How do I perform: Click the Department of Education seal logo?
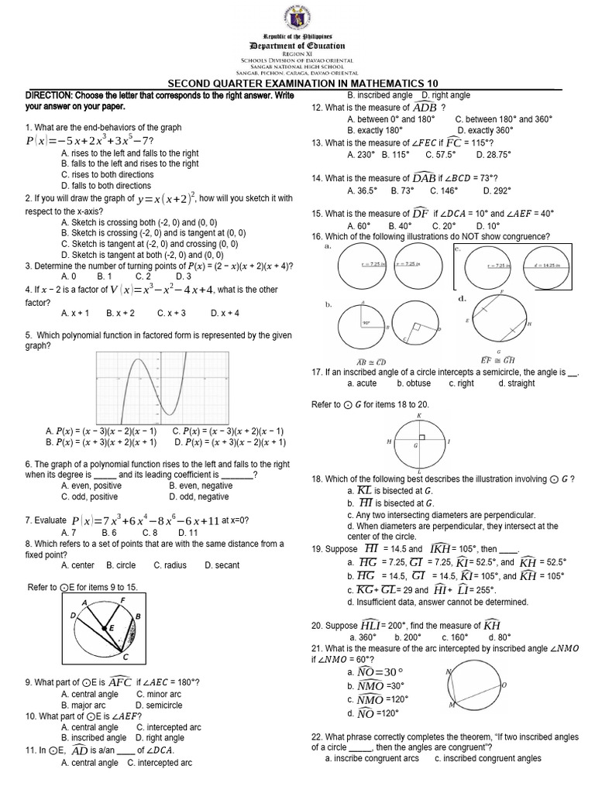coord(297,17)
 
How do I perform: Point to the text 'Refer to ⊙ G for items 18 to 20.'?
coord(370,405)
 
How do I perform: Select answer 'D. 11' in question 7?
coord(188,533)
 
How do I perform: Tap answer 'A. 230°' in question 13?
coord(362,154)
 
